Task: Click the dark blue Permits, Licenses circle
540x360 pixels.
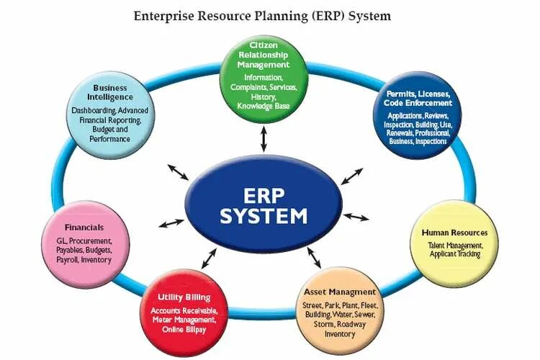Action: click(418, 115)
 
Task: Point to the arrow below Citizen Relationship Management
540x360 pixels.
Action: click(264, 137)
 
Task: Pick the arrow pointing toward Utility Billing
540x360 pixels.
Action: click(210, 253)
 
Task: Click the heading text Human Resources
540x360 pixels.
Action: click(454, 233)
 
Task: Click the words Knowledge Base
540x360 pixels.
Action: click(264, 106)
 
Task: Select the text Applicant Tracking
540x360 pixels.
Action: click(454, 254)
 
